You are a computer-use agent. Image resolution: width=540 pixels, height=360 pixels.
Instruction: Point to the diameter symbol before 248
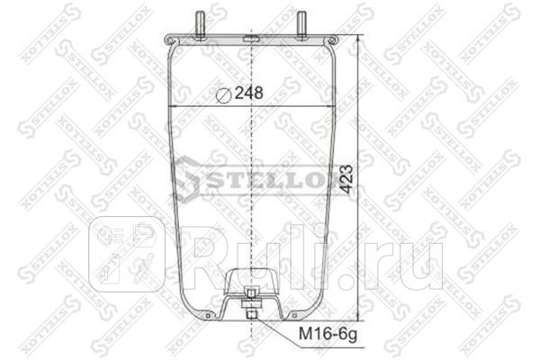[x=225, y=92]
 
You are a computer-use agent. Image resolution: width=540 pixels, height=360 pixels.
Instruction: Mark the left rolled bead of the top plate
[x=170, y=40]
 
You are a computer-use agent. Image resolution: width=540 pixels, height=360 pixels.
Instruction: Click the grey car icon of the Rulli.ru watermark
[x=127, y=253]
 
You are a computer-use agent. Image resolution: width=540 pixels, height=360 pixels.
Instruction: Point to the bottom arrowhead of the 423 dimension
[x=360, y=318]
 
